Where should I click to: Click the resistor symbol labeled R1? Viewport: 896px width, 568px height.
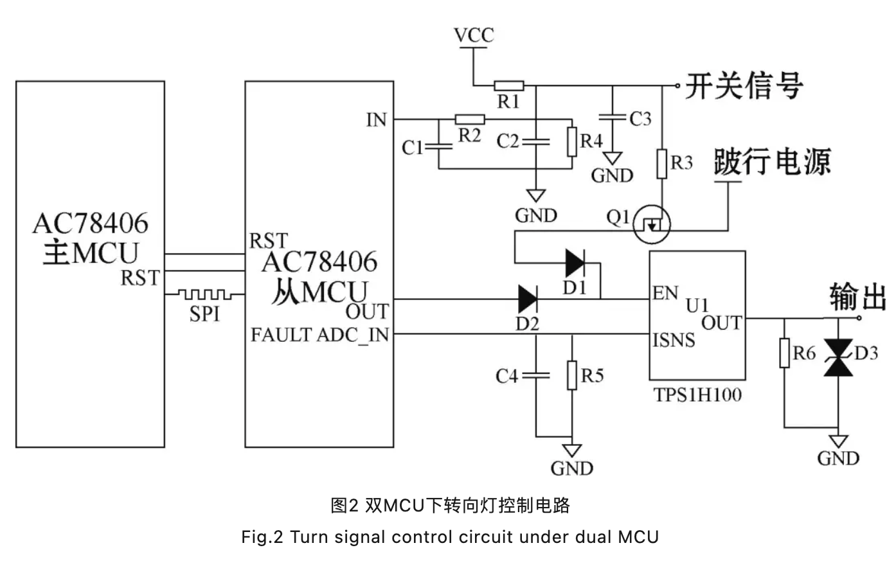(508, 85)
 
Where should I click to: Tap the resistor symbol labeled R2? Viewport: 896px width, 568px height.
(470, 119)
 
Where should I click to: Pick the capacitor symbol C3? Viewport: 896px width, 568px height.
(613, 118)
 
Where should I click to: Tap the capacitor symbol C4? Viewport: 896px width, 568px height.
(535, 375)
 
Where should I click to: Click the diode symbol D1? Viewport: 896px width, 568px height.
(575, 263)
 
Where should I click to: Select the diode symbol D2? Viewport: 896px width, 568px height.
(528, 299)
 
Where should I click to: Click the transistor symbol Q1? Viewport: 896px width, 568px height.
(651, 225)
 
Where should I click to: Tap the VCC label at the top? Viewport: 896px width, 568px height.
(474, 35)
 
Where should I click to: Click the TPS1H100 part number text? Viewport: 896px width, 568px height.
(697, 395)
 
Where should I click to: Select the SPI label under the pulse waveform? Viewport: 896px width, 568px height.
(204, 314)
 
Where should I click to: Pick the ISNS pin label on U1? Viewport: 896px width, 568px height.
(674, 339)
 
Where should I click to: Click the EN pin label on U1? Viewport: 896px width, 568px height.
(665, 294)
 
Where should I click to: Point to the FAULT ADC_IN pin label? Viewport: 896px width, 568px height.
(319, 335)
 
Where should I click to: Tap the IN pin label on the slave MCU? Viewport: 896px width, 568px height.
(377, 120)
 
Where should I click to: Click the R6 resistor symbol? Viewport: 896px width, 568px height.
(784, 353)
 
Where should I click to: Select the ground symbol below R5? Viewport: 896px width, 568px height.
(571, 451)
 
